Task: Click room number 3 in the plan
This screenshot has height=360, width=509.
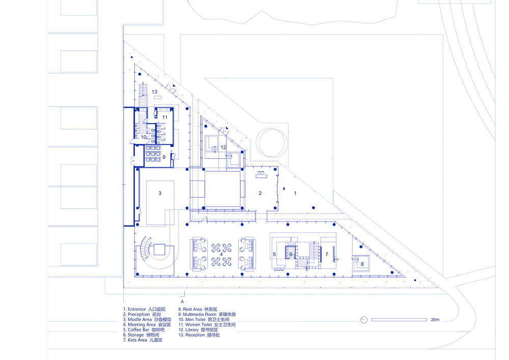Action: tap(160, 193)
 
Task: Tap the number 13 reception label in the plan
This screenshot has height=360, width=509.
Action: tap(155, 92)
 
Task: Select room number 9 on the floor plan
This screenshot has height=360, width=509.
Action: tap(164, 157)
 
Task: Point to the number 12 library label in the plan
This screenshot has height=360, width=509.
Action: tap(223, 147)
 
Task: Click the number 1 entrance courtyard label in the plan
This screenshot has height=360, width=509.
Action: tap(295, 193)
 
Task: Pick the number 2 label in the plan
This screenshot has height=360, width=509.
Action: tap(260, 193)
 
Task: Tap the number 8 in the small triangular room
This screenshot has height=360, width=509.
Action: tap(362, 264)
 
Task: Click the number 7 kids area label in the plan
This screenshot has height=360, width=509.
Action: tap(327, 255)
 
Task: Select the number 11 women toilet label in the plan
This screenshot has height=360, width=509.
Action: tap(165, 117)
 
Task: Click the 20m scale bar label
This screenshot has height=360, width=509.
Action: tap(435, 320)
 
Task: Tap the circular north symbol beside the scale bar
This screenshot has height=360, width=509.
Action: tap(364, 320)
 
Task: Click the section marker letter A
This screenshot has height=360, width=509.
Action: tap(182, 301)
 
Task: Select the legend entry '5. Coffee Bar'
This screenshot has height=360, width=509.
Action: tap(136, 330)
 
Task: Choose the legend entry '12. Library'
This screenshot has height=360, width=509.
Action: tap(189, 330)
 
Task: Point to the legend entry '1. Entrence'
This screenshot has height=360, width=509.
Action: tap(134, 310)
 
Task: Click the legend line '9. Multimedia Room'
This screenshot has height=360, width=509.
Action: tap(197, 315)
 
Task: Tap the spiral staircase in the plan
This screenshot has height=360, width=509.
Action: tap(145, 250)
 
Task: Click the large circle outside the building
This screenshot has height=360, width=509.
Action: tap(272, 143)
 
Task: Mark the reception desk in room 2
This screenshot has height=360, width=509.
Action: tap(261, 175)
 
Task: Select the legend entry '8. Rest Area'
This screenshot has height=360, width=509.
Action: tap(190, 310)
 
